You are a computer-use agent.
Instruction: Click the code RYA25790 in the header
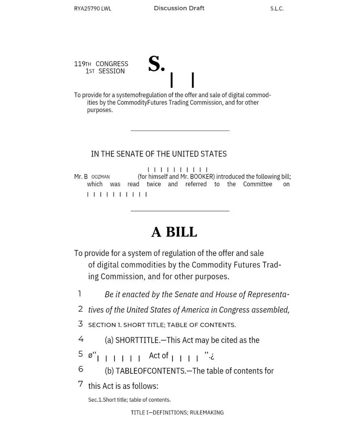tap(87, 9)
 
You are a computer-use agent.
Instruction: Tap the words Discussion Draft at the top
tap(179, 8)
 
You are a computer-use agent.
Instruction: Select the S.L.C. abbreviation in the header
tap(277, 9)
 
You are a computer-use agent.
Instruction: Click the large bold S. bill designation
tap(157, 64)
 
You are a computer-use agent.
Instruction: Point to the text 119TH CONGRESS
tap(101, 64)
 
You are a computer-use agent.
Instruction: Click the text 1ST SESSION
tap(105, 71)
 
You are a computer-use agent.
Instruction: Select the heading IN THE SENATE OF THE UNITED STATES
tap(159, 154)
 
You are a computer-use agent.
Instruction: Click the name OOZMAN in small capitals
tap(100, 177)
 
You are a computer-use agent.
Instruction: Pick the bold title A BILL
tap(174, 232)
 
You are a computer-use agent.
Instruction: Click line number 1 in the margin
tap(80, 294)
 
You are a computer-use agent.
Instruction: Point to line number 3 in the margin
tap(80, 324)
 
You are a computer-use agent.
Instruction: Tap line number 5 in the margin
tap(80, 354)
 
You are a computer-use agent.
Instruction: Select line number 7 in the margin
tap(80, 384)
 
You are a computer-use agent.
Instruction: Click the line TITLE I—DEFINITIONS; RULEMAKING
tap(177, 413)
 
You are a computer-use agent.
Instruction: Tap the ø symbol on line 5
tap(90, 355)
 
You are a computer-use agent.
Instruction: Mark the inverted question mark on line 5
tap(212, 356)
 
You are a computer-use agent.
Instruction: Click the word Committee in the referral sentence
tap(258, 184)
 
